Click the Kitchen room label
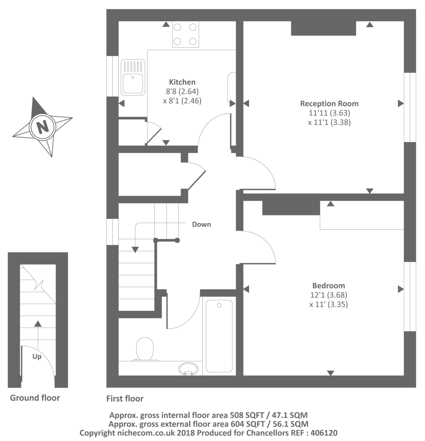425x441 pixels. click(182, 82)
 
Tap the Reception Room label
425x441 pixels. click(329, 104)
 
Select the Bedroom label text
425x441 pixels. click(328, 285)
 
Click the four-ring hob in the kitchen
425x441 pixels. click(186, 34)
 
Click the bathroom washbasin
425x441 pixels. click(188, 369)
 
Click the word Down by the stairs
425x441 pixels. click(201, 224)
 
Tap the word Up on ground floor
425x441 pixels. click(37, 357)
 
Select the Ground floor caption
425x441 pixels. click(35, 398)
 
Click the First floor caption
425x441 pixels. click(125, 398)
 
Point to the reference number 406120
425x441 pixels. click(324, 433)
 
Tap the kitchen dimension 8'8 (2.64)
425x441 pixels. click(182, 92)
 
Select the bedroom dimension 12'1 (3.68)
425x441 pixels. click(328, 295)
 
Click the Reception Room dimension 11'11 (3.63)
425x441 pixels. click(329, 113)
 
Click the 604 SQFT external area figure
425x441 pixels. click(248, 424)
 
